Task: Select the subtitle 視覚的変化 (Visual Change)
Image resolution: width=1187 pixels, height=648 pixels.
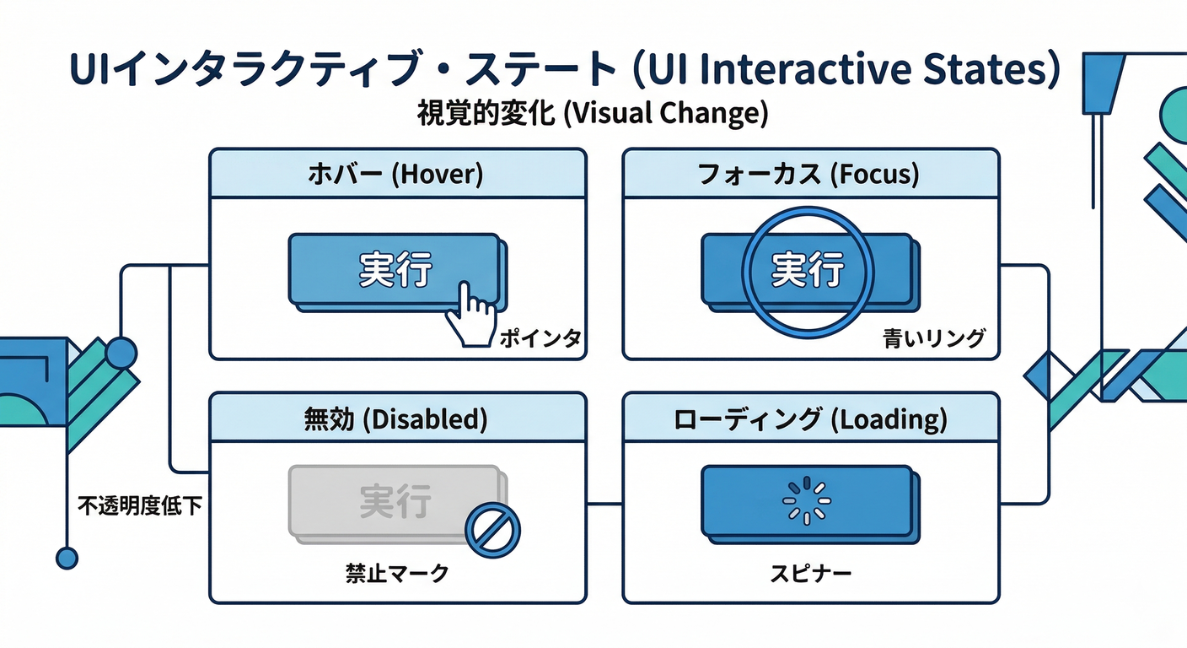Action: coord(593,113)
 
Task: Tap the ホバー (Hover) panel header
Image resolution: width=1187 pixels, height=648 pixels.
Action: coord(397,175)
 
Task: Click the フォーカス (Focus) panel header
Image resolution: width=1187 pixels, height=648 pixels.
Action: coord(810,175)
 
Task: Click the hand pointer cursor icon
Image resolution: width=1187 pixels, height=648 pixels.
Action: coord(470,316)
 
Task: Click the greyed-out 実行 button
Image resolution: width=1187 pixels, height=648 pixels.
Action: coord(395,501)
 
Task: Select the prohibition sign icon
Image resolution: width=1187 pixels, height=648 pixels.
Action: coord(492,530)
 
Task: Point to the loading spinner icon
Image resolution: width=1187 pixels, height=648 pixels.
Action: coord(807,499)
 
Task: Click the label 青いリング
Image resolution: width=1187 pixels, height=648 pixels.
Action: coord(934,339)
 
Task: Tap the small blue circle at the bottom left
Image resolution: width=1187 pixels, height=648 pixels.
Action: coord(67,557)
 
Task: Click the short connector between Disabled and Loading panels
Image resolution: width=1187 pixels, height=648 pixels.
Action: coord(604,504)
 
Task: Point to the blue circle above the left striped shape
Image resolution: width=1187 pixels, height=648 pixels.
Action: coord(121,353)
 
